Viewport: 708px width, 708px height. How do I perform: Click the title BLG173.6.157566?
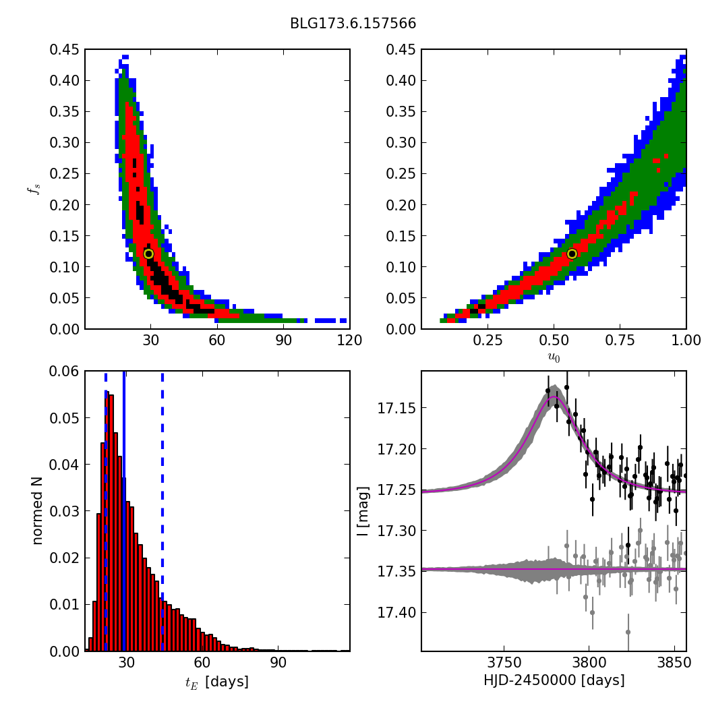pyautogui.click(x=353, y=24)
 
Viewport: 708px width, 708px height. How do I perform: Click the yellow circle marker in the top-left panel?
pyautogui.click(x=148, y=254)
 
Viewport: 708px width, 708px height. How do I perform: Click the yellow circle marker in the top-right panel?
pyautogui.click(x=572, y=254)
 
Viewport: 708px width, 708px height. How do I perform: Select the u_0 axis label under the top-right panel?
pyautogui.click(x=554, y=357)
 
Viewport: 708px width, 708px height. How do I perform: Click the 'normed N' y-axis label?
pyautogui.click(x=37, y=510)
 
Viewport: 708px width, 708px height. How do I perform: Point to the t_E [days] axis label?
pyautogui.click(x=217, y=682)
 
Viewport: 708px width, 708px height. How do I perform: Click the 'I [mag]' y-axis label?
pyautogui.click(x=362, y=510)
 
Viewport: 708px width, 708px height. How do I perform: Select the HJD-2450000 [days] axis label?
pyautogui.click(x=554, y=680)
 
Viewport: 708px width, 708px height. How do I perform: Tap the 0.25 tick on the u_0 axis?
pyautogui.click(x=488, y=341)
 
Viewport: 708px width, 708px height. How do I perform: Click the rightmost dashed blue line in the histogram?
pyautogui.click(x=163, y=472)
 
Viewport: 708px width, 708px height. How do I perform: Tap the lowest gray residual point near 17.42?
pyautogui.click(x=628, y=632)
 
